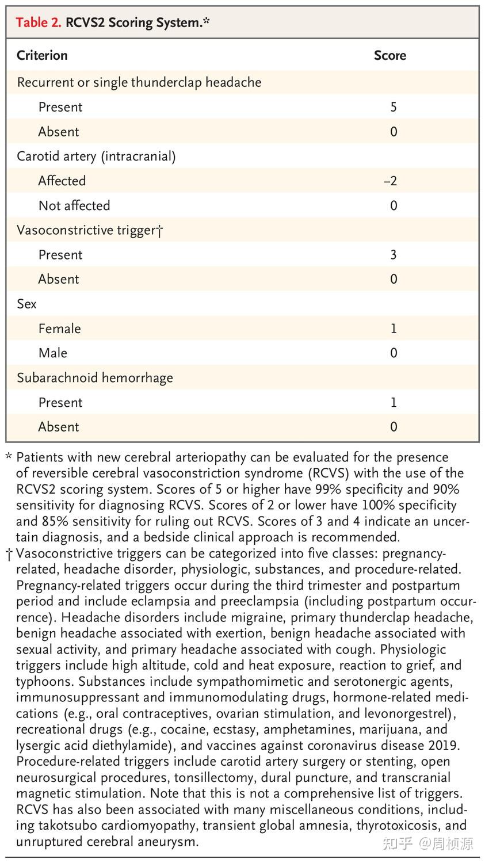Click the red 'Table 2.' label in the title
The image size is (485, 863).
pos(39,22)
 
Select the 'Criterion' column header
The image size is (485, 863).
pos(42,55)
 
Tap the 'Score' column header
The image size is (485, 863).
pos(389,55)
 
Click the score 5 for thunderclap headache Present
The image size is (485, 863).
pos(394,107)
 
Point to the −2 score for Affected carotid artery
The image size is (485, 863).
pos(391,181)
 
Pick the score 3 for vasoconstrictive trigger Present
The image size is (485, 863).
pos(394,255)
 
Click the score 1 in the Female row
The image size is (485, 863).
pos(394,329)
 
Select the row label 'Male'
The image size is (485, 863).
pos(53,353)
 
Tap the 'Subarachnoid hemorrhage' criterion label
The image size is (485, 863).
pos(95,378)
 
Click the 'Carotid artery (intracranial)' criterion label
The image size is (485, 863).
pos(96,156)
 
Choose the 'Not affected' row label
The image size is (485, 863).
pos(74,205)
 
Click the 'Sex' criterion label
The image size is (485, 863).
pos(26,304)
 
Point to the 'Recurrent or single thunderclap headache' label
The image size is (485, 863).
pos(139,82)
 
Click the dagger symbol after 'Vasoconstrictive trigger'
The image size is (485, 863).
pos(160,231)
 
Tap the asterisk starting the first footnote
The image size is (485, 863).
pos(9,457)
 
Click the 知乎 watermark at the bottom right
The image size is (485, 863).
pos(398,843)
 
